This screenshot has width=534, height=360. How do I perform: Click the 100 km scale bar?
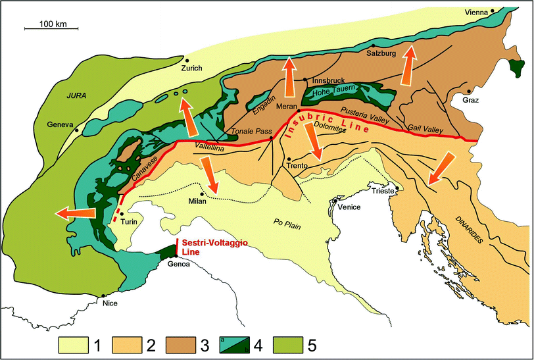tap(51, 27)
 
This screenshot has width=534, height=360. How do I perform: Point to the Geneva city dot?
tap(78, 131)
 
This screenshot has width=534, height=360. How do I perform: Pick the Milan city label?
tap(198, 201)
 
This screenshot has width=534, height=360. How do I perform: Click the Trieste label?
tap(383, 192)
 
